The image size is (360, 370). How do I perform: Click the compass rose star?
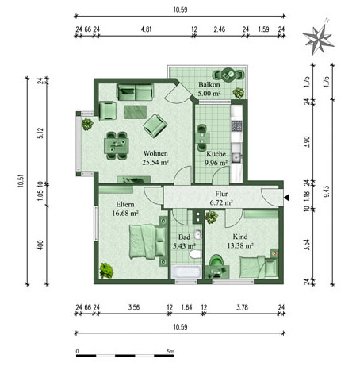pos(318,39)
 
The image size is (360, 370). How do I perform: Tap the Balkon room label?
pos(209,85)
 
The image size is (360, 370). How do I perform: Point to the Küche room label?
pos(216,154)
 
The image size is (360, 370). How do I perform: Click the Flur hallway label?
pos(221,194)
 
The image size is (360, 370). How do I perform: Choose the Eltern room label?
pos(125,204)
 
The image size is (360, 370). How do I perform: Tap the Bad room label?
pos(184,237)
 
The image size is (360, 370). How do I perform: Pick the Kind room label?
pos(240,237)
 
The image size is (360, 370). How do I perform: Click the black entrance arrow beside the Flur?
pos(286,198)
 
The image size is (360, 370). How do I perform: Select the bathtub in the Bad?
pos(186,272)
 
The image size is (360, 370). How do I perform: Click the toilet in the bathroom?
pos(195,254)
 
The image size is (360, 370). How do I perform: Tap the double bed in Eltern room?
pos(147,241)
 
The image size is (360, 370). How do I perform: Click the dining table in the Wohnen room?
pos(117,145)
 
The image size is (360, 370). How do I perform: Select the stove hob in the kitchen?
pos(236,126)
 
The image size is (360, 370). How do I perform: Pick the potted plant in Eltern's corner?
pos(106,271)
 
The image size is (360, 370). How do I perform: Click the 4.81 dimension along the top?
pos(146,29)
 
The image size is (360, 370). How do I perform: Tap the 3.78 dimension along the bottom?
pos(242,307)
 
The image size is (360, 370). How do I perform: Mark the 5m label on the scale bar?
pos(170,352)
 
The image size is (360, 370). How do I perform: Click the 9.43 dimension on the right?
pos(326,191)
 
